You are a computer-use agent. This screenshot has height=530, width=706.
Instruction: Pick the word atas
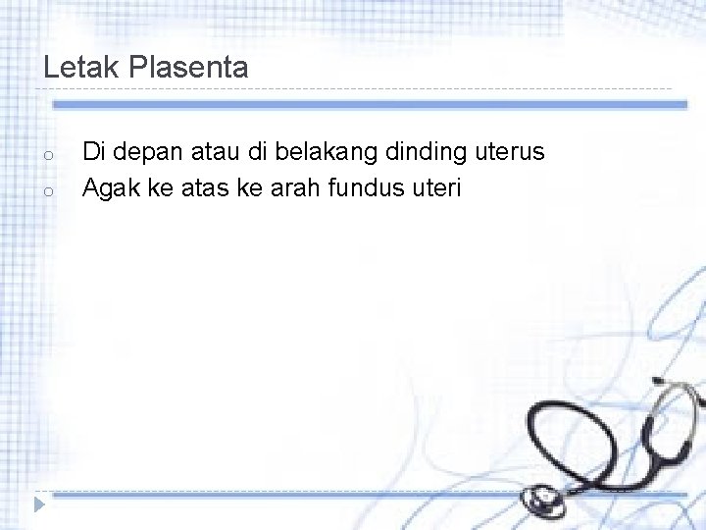pyautogui.click(x=205, y=186)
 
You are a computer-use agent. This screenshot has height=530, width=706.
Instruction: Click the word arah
pyautogui.click(x=291, y=186)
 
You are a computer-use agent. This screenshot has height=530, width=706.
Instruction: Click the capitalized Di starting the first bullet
pyautogui.click(x=93, y=153)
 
